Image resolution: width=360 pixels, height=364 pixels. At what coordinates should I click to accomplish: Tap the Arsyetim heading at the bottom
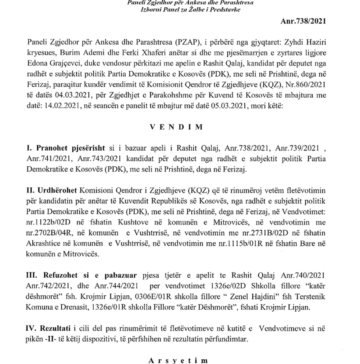point(175,360)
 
